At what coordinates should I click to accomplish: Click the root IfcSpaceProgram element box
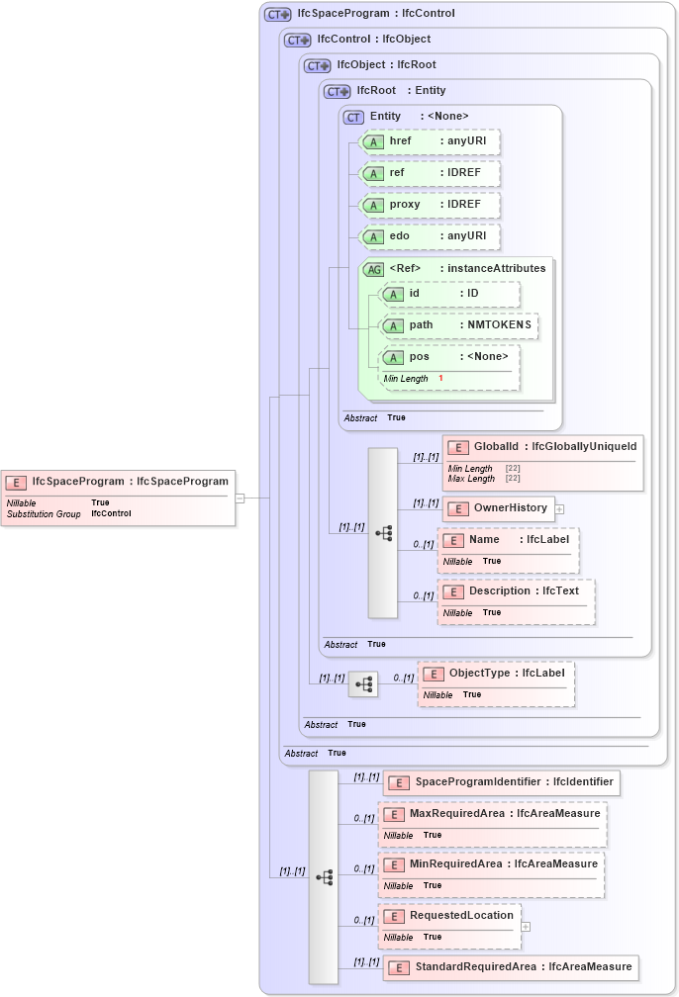point(119,482)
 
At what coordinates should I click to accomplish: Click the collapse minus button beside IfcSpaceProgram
point(240,498)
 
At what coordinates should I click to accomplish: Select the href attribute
point(429,141)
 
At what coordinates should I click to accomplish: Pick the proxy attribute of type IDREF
point(429,205)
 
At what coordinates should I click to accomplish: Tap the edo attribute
point(429,236)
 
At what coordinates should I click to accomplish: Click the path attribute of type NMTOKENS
point(459,324)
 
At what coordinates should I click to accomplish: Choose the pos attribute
point(449,356)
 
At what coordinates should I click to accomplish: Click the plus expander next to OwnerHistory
point(560,509)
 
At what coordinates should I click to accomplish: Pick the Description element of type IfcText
point(516,591)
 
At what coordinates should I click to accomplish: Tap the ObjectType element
point(496,674)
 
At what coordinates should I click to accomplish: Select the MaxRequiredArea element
point(491,814)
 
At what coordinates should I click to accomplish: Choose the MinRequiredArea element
point(491,864)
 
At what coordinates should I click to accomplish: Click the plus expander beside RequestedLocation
point(526,927)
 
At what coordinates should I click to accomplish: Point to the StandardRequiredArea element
point(510,966)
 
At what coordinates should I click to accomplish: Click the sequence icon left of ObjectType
point(363,683)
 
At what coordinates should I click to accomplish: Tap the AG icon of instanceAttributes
point(374,269)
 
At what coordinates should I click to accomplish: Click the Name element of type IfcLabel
point(508,540)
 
